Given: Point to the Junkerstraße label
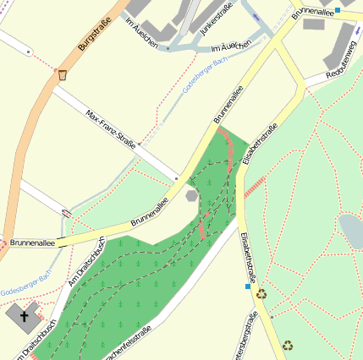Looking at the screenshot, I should click(x=217, y=19).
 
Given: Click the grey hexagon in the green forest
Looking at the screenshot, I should click(x=192, y=195).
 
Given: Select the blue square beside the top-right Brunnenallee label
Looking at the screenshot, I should click(x=337, y=10).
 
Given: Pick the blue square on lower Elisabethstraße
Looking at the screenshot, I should click(x=247, y=286).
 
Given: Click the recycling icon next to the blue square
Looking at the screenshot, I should click(x=261, y=294).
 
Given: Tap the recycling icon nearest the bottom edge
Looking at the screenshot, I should click(x=288, y=345).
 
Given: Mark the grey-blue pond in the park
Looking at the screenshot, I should click(x=351, y=231).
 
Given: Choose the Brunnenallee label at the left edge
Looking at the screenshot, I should click(x=32, y=243).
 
